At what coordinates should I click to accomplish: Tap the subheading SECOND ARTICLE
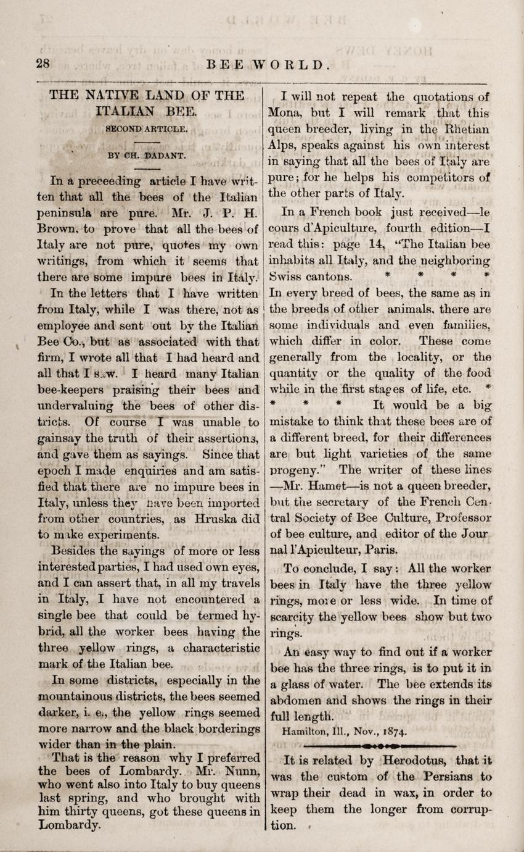click(x=145, y=130)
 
